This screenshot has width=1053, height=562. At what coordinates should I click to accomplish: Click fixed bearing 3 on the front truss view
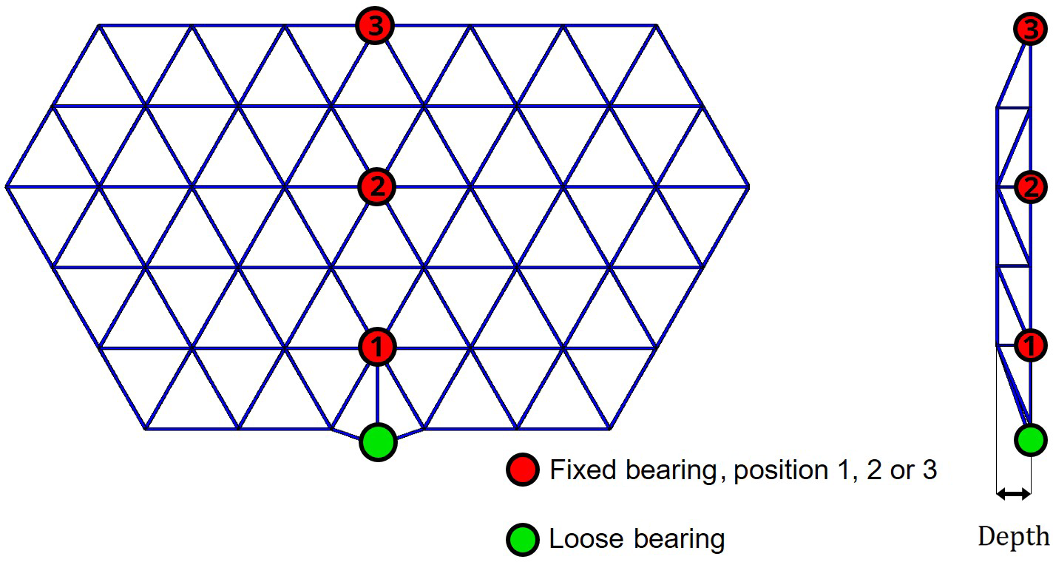coord(376,27)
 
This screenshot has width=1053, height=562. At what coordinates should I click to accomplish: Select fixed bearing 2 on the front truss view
coord(376,186)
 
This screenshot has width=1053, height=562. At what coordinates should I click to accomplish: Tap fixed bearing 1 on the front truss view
coord(377,346)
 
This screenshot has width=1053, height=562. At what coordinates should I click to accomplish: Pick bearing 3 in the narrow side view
coord(1029,30)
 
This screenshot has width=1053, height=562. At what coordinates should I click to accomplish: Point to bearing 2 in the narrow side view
coord(1029,187)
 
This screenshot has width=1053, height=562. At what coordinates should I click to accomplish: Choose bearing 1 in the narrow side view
coord(1029,345)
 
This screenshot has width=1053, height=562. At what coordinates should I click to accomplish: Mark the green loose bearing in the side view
coord(1029,440)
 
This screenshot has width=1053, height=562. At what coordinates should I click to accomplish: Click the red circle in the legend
coord(522,470)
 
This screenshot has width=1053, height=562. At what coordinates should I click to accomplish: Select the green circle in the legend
coord(522,540)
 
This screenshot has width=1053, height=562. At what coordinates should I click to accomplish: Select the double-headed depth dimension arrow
coord(1013,494)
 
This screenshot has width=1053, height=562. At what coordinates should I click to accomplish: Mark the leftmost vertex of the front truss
coord(7,186)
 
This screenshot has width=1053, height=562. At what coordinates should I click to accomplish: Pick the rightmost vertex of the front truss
coord(748,186)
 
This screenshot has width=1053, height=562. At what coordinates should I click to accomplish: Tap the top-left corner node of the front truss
coord(99,26)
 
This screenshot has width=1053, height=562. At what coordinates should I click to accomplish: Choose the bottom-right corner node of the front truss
coord(609,428)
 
